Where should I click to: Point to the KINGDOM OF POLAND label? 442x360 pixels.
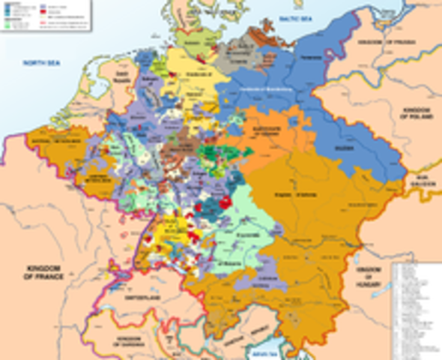(420, 113)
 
